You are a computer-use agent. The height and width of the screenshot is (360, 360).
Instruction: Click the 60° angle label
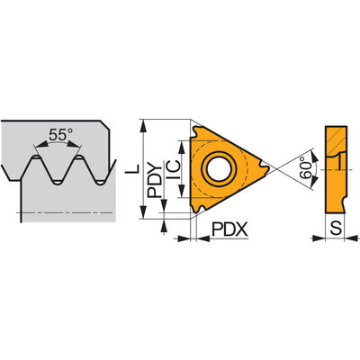[x=306, y=168]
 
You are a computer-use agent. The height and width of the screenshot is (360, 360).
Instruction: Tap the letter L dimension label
[x=132, y=169]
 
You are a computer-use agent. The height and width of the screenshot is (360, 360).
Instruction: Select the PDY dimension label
[x=155, y=184]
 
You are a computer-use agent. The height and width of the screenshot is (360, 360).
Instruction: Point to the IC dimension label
[x=174, y=170]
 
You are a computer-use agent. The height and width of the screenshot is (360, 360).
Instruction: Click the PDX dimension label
[x=229, y=229]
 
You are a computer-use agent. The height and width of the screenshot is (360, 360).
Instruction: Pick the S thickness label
[x=336, y=229]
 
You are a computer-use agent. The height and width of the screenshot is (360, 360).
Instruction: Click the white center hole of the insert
[x=218, y=169]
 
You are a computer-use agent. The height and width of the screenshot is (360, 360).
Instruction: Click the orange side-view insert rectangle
[x=336, y=169]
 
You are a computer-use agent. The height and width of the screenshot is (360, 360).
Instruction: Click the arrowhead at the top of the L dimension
[x=144, y=125]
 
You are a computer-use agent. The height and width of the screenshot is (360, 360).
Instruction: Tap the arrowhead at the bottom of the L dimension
[x=144, y=213]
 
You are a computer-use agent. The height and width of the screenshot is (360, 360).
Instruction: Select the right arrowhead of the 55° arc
[x=74, y=145]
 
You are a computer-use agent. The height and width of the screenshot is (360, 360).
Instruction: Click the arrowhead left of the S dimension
[x=319, y=238]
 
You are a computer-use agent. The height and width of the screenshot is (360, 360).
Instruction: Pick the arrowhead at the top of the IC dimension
[x=183, y=146]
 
